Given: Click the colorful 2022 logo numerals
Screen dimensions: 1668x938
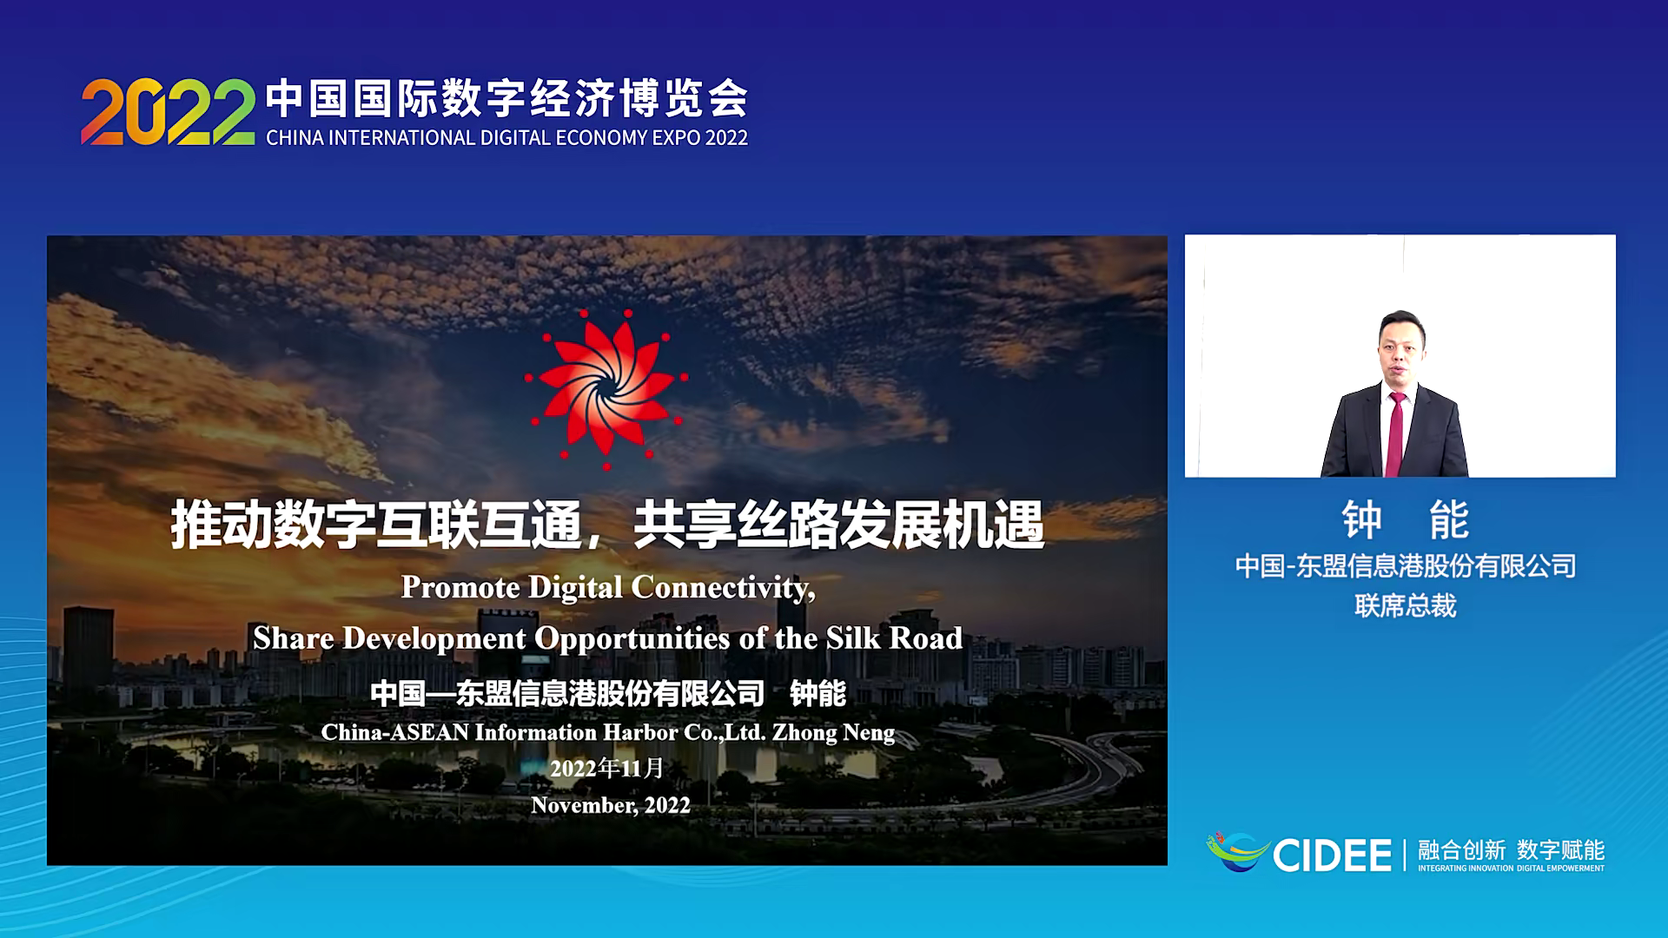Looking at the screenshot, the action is [x=168, y=112].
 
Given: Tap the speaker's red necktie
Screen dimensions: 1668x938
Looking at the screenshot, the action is [x=1394, y=433].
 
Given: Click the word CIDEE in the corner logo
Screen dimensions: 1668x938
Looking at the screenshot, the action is [x=1332, y=855].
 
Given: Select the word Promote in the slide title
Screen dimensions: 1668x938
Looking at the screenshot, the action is [x=460, y=588].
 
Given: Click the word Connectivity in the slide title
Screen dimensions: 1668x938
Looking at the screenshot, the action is [x=724, y=588].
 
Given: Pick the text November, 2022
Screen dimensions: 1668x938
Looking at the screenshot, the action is [x=611, y=806].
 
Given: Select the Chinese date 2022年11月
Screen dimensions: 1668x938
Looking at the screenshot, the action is [x=607, y=769].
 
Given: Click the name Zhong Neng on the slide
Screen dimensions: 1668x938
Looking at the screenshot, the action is [x=833, y=733].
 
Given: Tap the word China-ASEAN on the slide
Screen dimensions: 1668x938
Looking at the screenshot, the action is [x=395, y=733].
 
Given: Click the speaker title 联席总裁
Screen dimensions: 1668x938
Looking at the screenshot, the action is [x=1405, y=606].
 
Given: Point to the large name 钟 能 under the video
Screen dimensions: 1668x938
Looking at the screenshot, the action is [x=1405, y=520].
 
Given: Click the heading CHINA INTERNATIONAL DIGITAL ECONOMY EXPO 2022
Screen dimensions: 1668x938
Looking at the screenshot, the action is [x=506, y=138].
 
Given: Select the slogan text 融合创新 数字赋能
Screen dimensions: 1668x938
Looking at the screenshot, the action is [x=1511, y=849].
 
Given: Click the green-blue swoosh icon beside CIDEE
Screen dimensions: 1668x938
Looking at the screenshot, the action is [x=1237, y=851].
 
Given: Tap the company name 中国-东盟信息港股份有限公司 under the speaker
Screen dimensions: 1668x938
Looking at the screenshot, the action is [x=1405, y=566].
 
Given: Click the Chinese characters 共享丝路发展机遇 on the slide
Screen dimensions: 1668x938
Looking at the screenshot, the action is [x=838, y=525].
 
